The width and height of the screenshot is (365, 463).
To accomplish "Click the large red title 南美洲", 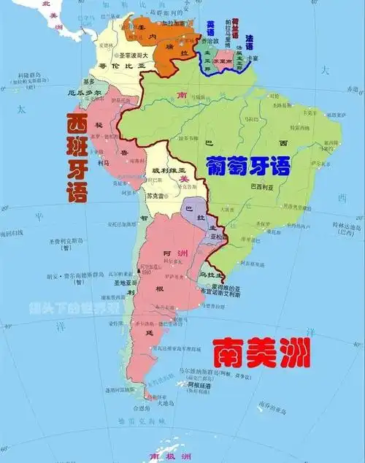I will [x=261, y=354].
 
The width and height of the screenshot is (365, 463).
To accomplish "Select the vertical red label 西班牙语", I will [x=77, y=157].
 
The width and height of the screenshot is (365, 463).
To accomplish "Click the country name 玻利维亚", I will [x=164, y=170].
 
